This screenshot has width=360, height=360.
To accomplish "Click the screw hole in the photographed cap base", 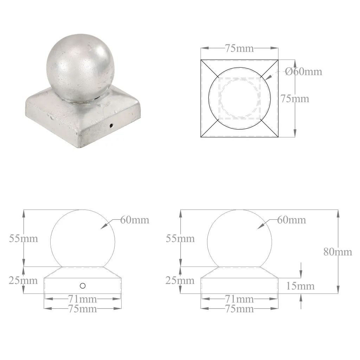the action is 111,126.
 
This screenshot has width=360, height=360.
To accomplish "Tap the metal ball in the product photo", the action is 80,68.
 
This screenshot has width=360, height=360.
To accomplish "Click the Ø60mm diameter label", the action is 303,72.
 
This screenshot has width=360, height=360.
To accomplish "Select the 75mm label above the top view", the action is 239,48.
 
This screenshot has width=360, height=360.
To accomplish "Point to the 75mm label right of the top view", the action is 295,99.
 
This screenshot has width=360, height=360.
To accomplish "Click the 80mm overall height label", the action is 338,252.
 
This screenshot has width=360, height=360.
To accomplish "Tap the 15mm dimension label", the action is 300,286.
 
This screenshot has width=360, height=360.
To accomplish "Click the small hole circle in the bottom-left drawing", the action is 83,285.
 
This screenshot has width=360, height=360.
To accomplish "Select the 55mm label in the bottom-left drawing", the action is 24,239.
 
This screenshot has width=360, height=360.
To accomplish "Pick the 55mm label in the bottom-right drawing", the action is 180,239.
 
